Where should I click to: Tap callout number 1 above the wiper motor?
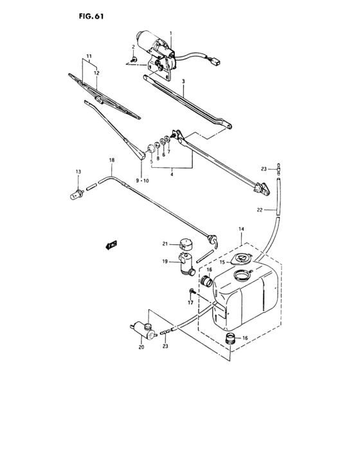171,33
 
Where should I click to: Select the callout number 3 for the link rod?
183,82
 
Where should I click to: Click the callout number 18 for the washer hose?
111,159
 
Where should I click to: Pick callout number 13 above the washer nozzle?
78,172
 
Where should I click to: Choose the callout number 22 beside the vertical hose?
260,210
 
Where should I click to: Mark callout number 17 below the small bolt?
190,302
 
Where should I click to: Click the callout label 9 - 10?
141,181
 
